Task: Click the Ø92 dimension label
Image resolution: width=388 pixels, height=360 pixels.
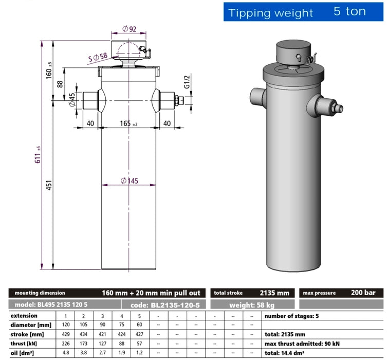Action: (x=129, y=29)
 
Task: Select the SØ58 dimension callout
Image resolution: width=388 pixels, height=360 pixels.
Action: (x=97, y=58)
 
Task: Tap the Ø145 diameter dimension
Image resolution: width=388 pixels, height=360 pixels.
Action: (x=131, y=181)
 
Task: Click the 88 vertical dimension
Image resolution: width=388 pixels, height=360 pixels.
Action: (x=60, y=83)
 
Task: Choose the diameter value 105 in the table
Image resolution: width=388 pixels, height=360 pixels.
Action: (x=83, y=325)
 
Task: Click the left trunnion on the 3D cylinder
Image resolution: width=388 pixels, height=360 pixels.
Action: (x=256, y=96)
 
